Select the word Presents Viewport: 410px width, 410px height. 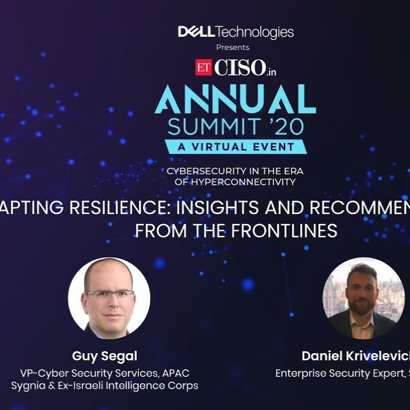point(232,47)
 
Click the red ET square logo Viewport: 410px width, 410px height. point(203,67)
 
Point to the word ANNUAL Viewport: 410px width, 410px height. point(235,101)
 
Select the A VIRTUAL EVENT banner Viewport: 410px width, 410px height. point(235,146)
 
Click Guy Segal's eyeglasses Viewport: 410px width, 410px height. point(109,296)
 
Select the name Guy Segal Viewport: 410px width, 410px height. point(104,356)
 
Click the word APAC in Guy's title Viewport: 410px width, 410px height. point(175,373)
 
